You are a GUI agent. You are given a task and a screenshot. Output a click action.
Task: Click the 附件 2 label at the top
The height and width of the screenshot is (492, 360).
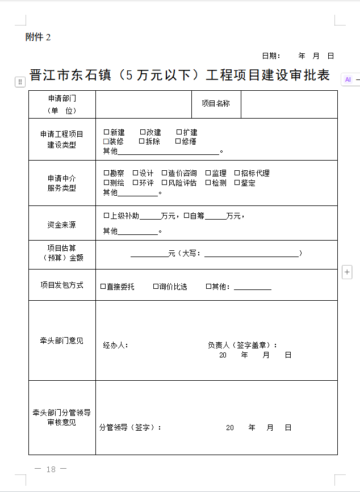(x=38, y=37)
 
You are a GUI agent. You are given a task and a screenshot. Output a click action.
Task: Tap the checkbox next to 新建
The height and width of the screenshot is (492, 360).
(x=106, y=132)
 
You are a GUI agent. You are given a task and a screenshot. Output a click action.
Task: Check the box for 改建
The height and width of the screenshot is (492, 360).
(x=143, y=132)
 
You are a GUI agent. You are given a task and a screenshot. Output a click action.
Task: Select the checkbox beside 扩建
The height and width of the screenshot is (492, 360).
(x=179, y=132)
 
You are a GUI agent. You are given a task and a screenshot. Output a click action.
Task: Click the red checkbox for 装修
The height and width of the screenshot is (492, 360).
(x=106, y=141)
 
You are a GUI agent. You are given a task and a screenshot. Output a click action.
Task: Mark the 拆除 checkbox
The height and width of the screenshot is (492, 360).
(x=141, y=141)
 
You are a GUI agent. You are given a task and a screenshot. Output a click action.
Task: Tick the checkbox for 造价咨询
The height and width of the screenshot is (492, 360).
(x=164, y=173)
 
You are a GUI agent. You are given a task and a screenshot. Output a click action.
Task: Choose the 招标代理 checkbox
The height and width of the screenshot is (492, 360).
(x=237, y=173)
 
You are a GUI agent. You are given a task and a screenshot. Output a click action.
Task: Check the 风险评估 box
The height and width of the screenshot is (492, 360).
(x=164, y=183)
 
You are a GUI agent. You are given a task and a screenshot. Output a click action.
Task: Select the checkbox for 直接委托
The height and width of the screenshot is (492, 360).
(x=103, y=287)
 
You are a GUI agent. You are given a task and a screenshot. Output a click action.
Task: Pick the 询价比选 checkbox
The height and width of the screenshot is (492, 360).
(x=156, y=287)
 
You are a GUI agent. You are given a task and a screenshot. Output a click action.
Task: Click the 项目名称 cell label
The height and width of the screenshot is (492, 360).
(x=216, y=104)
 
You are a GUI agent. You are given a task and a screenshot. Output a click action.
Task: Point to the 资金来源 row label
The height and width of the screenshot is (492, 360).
(x=61, y=225)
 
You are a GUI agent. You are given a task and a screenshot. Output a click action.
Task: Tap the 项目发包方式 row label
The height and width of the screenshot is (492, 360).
(x=61, y=285)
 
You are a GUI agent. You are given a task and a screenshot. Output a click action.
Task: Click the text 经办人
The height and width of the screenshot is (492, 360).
(x=115, y=345)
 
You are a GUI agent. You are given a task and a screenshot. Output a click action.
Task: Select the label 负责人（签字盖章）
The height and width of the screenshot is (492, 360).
(x=243, y=345)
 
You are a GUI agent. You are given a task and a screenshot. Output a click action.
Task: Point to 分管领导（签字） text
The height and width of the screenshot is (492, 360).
(x=130, y=427)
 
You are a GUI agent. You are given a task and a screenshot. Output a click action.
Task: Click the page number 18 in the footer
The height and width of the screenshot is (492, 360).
(x=51, y=469)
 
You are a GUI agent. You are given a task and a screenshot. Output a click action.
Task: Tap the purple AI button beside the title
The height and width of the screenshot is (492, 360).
(x=348, y=80)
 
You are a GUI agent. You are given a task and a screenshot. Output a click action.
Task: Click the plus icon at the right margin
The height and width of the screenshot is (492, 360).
(x=348, y=272)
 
